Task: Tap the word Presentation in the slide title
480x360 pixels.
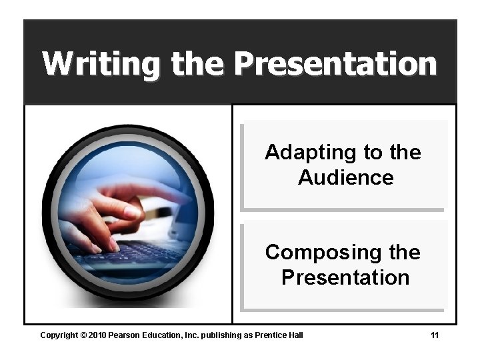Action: point(335,64)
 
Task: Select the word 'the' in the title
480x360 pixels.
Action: point(197,64)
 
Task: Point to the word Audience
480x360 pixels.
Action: point(345,178)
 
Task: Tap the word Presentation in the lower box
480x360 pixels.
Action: point(345,277)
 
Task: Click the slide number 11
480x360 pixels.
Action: point(434,335)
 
